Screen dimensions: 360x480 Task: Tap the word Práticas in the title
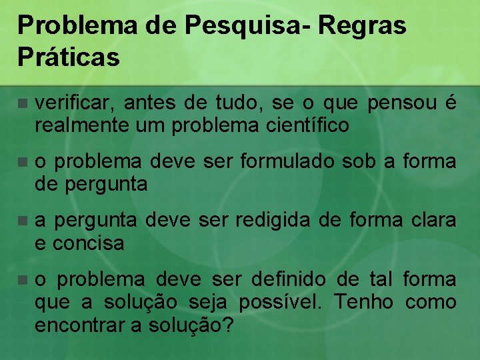69,57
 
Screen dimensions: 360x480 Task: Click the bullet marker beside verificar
23,104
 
